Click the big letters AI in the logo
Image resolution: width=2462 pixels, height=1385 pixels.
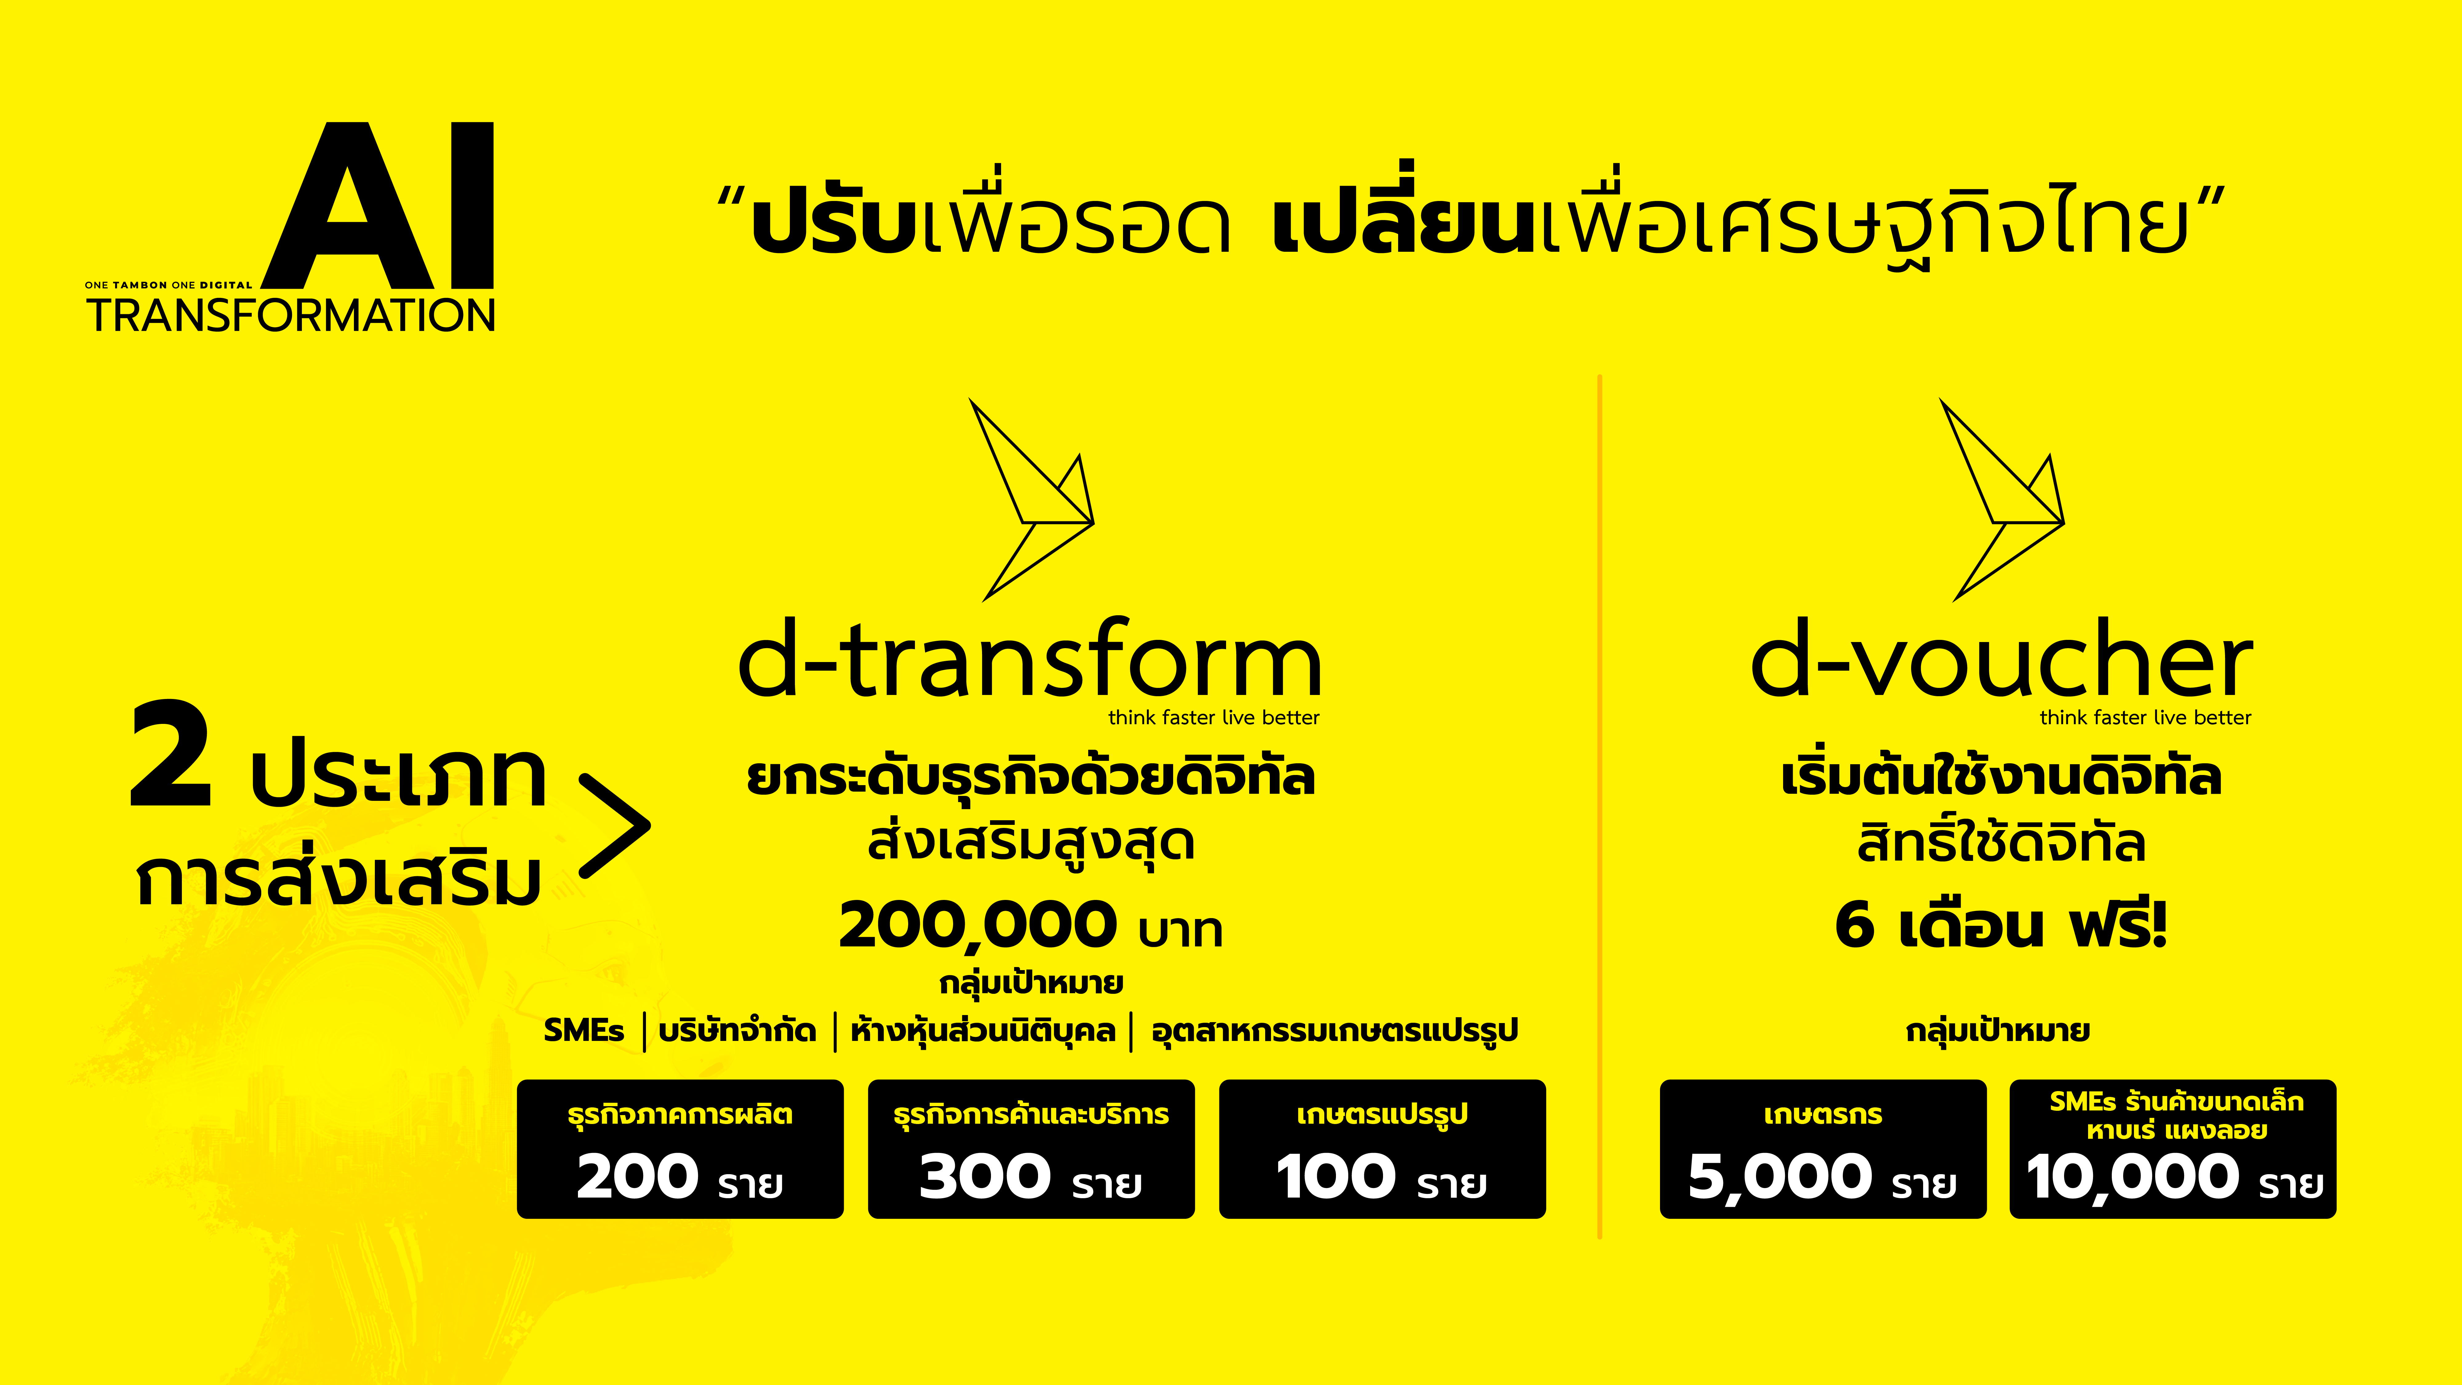point(382,206)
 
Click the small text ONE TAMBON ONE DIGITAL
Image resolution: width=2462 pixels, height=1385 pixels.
point(168,285)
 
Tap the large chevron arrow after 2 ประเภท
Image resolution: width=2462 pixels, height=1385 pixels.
point(615,827)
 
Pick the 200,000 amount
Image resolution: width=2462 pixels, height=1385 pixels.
point(977,925)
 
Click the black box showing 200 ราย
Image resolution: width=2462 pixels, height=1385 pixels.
point(680,1149)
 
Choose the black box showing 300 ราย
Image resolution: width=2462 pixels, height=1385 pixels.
point(1030,1149)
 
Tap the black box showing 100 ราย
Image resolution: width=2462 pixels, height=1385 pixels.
point(1382,1149)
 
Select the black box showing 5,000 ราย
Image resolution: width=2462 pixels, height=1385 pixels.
point(1822,1149)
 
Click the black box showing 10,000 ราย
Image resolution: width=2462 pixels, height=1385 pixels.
point(2172,1149)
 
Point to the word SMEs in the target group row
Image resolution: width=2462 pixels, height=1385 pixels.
point(583,1030)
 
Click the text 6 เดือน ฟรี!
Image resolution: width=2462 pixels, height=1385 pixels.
point(2000,925)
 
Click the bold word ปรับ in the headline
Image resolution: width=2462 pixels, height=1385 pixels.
point(832,225)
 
